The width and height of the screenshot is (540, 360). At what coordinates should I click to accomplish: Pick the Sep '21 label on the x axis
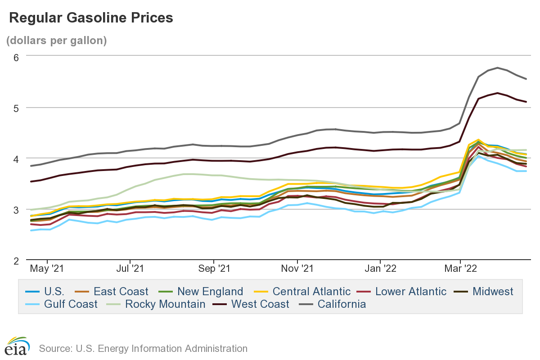pos(214,269)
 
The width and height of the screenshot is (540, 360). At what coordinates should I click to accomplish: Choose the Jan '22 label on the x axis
pos(380,269)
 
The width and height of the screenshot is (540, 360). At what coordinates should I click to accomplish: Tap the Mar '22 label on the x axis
pos(460,269)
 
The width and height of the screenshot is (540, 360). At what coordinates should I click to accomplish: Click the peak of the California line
pos(497,68)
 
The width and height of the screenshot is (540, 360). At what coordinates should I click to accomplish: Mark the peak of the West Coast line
pos(497,93)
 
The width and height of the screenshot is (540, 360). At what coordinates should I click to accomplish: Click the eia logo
pos(17,346)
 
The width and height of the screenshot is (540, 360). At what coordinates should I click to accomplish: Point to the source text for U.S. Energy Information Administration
pos(143,348)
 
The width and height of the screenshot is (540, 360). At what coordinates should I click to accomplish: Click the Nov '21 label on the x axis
pos(297,269)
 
